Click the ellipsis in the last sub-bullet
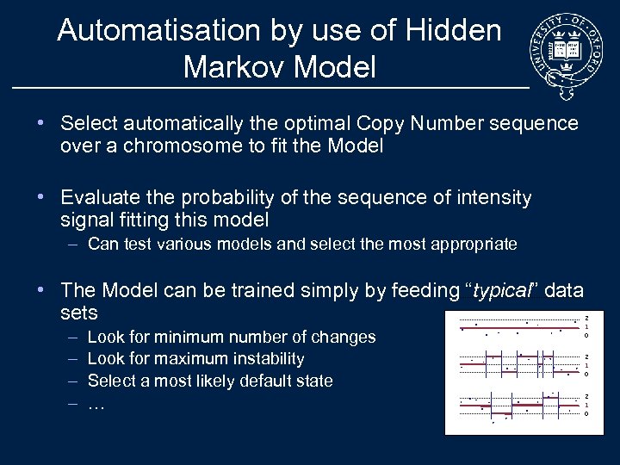(96, 402)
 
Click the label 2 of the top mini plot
(586, 316)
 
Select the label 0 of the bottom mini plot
(586, 414)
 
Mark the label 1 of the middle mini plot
(586, 365)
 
